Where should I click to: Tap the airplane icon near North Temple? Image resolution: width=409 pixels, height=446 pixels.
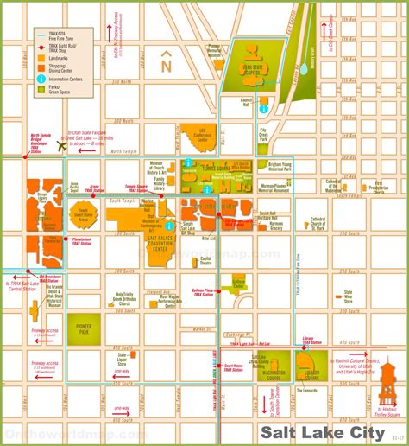click(61, 145)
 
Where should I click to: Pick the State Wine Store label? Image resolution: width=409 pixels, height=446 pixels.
click(348, 296)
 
